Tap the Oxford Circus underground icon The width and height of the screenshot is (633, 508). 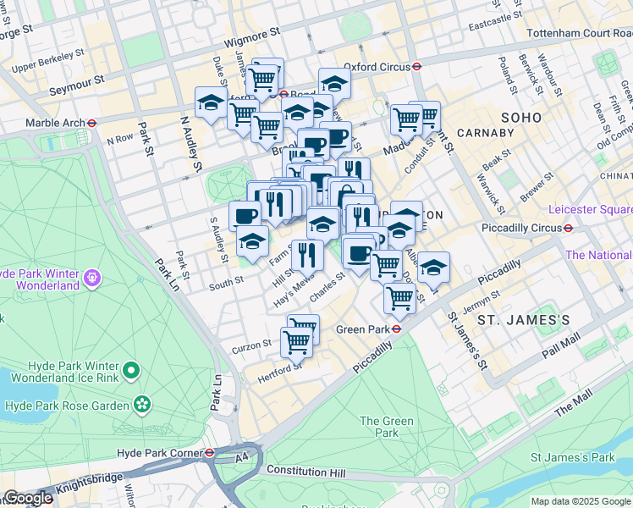click(418, 66)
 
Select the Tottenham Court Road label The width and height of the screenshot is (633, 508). click(578, 33)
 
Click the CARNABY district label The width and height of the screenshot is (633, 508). click(485, 133)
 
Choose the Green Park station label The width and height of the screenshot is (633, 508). click(361, 329)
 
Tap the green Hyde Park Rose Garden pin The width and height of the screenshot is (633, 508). click(143, 405)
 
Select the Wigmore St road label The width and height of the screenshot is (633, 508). click(252, 36)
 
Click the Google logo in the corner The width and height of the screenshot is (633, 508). click(27, 498)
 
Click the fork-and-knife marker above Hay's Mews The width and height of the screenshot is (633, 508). click(307, 253)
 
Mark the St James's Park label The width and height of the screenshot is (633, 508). click(571, 457)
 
